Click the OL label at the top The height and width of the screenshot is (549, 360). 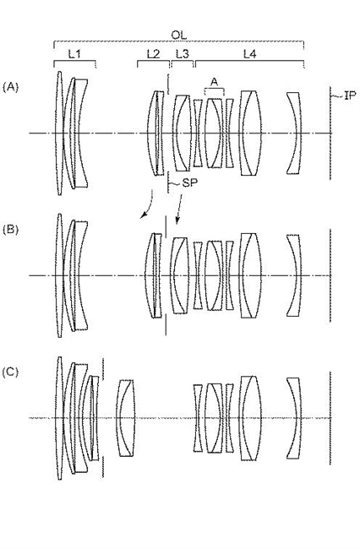coord(178,35)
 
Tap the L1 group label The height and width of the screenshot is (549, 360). coord(74,54)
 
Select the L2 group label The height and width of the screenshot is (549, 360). coord(154,54)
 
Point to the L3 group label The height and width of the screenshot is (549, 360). coord(182,54)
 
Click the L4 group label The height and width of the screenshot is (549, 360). coord(250,54)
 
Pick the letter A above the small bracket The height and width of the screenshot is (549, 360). coord(215,82)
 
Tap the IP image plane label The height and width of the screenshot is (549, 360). coord(350,95)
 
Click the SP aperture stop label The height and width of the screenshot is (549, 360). coord(189,182)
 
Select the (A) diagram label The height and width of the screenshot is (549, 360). coord(10,87)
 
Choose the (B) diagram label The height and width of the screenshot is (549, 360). coord(10,230)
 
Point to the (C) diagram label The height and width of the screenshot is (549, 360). coord(10,372)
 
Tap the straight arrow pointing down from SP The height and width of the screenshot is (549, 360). coord(179,209)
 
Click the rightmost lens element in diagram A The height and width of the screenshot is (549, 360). coord(294,133)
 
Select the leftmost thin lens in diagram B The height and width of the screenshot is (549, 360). coord(59,275)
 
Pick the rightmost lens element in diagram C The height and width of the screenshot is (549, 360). coord(294,418)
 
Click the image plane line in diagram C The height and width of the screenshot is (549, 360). coord(330,418)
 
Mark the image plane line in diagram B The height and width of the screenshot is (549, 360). coord(330,275)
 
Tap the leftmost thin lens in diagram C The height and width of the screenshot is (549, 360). coord(59,418)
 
